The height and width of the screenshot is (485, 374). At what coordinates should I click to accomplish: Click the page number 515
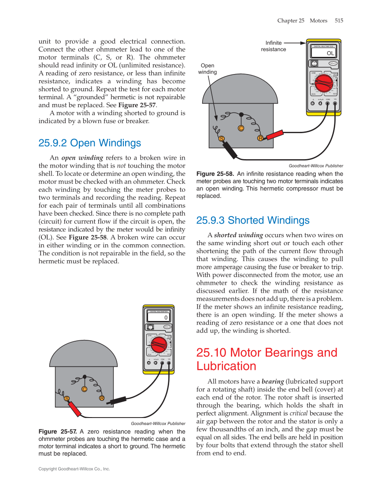click(339, 21)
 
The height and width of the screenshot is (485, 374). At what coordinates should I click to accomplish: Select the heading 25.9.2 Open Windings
click(90, 143)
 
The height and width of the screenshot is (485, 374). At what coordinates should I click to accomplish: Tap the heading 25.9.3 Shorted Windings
click(253, 220)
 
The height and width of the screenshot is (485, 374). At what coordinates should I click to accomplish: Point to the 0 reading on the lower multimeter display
click(166, 317)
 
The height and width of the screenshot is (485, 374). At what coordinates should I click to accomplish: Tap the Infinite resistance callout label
click(274, 46)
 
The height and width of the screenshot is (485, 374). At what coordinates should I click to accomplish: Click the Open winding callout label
click(207, 69)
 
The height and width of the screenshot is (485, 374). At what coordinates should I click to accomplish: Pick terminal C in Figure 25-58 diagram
click(241, 128)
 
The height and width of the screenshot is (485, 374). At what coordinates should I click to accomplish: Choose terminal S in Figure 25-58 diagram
click(222, 139)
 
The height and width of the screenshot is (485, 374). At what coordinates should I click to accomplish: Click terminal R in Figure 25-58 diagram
click(260, 138)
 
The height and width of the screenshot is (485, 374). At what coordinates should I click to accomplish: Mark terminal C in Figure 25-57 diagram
click(84, 389)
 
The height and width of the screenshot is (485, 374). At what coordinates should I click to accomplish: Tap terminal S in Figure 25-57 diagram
click(67, 399)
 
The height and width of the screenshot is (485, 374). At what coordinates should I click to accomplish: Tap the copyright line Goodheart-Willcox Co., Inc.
click(74, 469)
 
